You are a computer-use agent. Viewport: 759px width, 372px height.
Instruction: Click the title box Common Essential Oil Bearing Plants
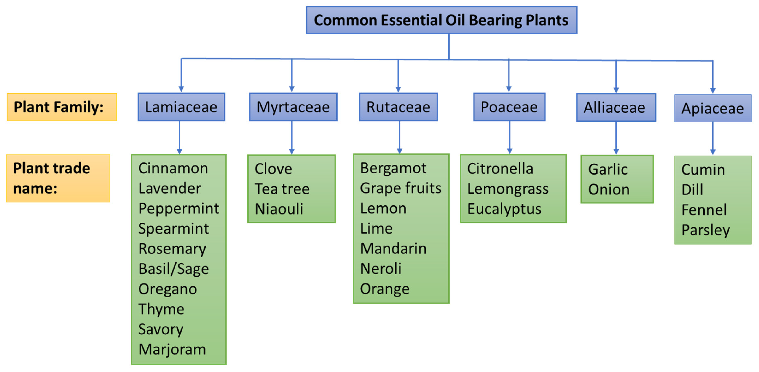[x=441, y=20]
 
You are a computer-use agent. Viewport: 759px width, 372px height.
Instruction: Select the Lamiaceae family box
[x=181, y=107]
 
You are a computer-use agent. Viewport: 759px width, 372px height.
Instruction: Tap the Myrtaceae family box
[x=293, y=107]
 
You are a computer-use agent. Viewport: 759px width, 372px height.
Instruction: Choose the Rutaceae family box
[x=398, y=107]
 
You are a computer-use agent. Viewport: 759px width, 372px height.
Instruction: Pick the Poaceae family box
[x=509, y=107]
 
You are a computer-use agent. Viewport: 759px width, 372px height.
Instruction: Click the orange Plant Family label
[x=62, y=107]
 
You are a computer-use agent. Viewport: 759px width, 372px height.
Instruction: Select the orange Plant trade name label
[x=58, y=178]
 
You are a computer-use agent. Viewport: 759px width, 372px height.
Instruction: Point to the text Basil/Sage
[x=174, y=269]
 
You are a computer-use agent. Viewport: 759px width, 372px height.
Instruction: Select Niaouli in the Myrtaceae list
[x=279, y=209]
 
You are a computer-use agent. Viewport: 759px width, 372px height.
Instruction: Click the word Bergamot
[x=393, y=169]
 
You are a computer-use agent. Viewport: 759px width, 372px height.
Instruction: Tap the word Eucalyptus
[x=504, y=209]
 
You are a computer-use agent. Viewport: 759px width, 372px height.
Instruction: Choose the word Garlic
[x=608, y=169]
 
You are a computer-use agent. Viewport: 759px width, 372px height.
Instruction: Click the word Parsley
[x=706, y=230]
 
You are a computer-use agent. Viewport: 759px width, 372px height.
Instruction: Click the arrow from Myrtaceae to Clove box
[x=292, y=138]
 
